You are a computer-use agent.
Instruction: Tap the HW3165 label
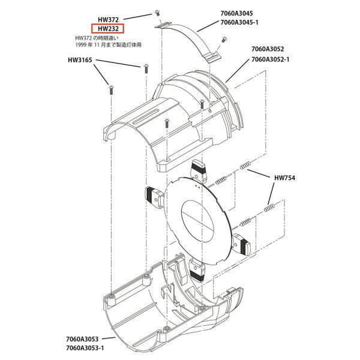click(x=83, y=61)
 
